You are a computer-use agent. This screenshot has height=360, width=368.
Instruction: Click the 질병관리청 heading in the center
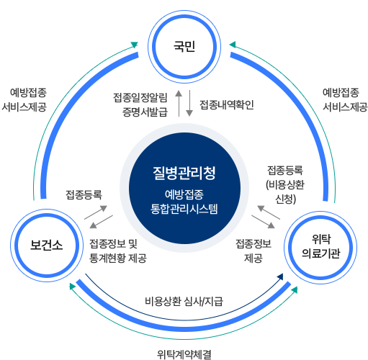click(184, 174)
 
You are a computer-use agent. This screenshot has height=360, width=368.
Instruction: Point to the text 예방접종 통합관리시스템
click(184, 201)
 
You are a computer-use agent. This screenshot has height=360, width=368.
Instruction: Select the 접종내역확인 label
click(227, 104)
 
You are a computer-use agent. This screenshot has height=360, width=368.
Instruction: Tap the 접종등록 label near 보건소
click(84, 194)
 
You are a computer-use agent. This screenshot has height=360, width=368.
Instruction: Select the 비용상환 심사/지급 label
click(184, 300)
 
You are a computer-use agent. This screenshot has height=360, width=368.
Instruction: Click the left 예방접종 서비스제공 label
click(29, 100)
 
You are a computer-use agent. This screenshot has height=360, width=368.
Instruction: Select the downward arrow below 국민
click(189, 105)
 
